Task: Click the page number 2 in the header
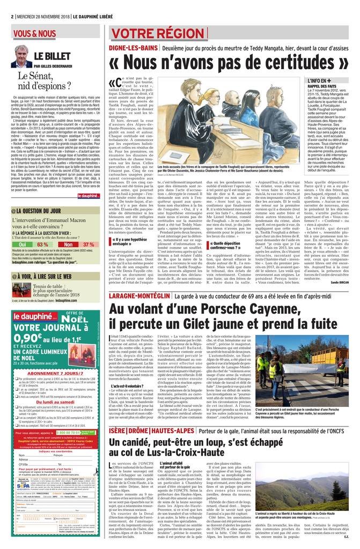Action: pyautogui.click(x=12, y=16)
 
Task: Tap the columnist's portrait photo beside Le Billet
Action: pyautogui.click(x=21, y=56)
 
